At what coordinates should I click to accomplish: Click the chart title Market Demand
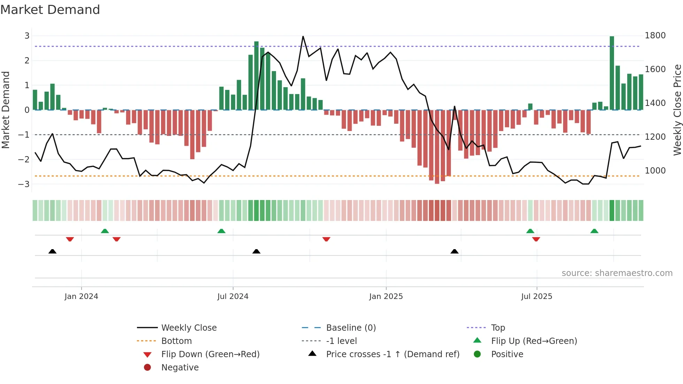tap(50, 10)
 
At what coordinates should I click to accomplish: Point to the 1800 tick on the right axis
tap(655, 36)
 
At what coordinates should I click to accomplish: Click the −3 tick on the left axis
tap(24, 184)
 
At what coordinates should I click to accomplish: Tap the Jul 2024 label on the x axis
tap(233, 297)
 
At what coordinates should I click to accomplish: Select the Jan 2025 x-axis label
tap(386, 297)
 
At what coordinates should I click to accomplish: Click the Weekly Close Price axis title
tap(677, 110)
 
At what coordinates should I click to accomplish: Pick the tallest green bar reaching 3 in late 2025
tap(612, 73)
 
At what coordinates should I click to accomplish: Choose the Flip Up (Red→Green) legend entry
tap(534, 341)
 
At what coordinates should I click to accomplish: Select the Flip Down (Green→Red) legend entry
tap(210, 354)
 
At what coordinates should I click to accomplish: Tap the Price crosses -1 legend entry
tap(392, 354)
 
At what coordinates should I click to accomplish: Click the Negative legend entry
tap(180, 368)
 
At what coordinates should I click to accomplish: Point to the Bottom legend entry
tap(176, 341)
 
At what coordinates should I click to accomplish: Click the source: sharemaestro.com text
tap(617, 273)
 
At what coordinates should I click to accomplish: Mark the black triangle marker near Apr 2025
tap(454, 251)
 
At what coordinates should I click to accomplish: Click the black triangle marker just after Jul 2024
tap(256, 251)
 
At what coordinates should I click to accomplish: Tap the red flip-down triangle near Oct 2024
tap(326, 239)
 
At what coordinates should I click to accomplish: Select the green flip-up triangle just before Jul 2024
tap(221, 231)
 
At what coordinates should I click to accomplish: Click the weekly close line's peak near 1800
tap(303, 36)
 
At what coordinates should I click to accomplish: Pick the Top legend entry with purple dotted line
tap(498, 328)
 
